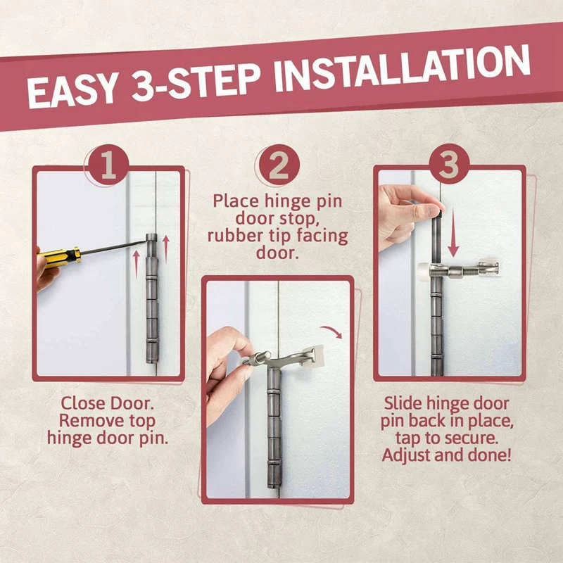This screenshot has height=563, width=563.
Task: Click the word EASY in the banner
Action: point(72,92)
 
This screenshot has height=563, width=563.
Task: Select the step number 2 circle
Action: point(279,165)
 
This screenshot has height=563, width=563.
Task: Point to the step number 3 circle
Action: point(448,164)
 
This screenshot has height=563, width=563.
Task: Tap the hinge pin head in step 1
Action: point(151,238)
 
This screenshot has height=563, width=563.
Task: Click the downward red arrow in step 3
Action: point(453,233)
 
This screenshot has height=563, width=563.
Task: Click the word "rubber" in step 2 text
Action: point(235,236)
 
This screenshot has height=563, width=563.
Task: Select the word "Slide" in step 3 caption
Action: point(403,403)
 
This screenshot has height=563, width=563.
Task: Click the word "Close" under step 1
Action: point(82,403)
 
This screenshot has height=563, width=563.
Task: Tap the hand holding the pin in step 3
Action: point(406,217)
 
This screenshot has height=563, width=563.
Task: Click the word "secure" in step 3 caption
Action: point(471,438)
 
